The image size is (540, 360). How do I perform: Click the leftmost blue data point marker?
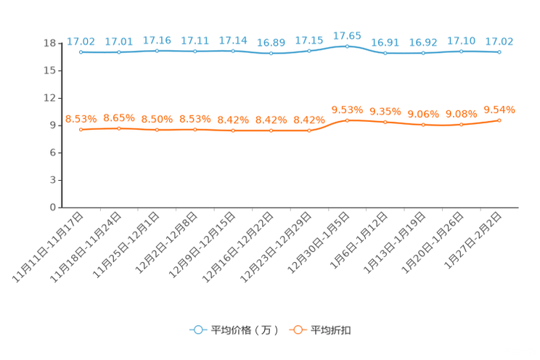pyautogui.click(x=81, y=52)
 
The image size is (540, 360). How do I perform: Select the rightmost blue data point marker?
pyautogui.click(x=499, y=52)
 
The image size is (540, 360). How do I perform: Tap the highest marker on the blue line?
pyautogui.click(x=347, y=46)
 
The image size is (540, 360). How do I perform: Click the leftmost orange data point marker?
pyautogui.click(x=81, y=129)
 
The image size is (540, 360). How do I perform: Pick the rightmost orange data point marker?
pyautogui.click(x=499, y=120)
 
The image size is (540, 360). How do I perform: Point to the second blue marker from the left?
pyautogui.click(x=118, y=52)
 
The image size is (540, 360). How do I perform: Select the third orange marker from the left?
pyautogui.click(x=157, y=130)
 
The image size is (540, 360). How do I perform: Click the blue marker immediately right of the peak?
pyautogui.click(x=385, y=54)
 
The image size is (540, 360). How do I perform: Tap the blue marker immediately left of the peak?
pyautogui.click(x=309, y=51)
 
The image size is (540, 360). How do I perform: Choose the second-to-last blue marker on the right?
pyautogui.click(x=461, y=51)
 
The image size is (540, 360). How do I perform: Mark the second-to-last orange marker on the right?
pyautogui.click(x=461, y=125)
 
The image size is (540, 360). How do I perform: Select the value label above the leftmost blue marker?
pyautogui.click(x=81, y=41)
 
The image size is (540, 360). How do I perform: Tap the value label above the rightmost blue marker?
pyautogui.click(x=499, y=41)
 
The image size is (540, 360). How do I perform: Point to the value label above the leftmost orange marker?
pyautogui.click(x=81, y=118)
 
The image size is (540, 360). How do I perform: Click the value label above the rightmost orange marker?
pyautogui.click(x=499, y=110)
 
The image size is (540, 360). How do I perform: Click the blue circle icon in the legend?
pyautogui.click(x=197, y=330)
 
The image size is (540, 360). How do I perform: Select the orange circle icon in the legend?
pyautogui.click(x=297, y=330)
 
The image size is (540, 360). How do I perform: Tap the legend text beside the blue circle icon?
pyautogui.click(x=244, y=330)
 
